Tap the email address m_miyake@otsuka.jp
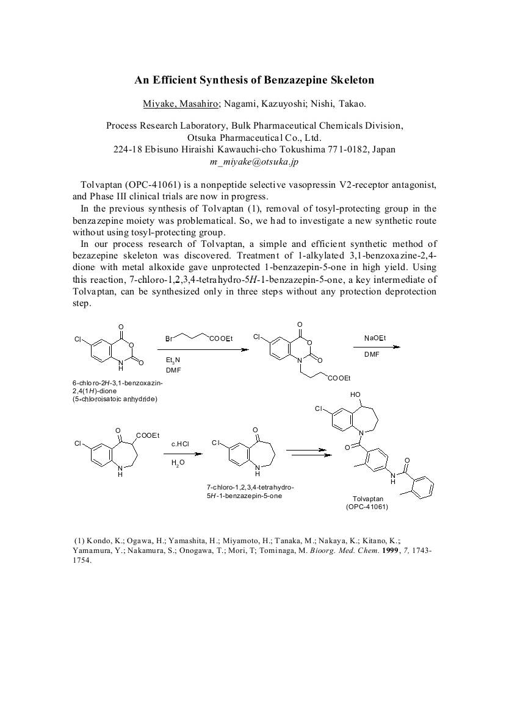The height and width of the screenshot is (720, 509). pyautogui.click(x=254, y=162)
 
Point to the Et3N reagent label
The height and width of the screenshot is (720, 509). pyautogui.click(x=173, y=360)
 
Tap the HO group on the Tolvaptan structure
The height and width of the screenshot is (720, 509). pyautogui.click(x=355, y=394)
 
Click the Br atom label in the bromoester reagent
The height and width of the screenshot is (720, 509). pyautogui.click(x=169, y=338)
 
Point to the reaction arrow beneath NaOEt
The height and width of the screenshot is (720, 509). pyautogui.click(x=376, y=347)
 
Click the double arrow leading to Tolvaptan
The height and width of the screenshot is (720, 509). pyautogui.click(x=309, y=452)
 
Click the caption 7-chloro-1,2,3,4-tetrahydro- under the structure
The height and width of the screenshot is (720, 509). pyautogui.click(x=250, y=487)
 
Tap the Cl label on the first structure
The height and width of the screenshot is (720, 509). pyautogui.click(x=78, y=339)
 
